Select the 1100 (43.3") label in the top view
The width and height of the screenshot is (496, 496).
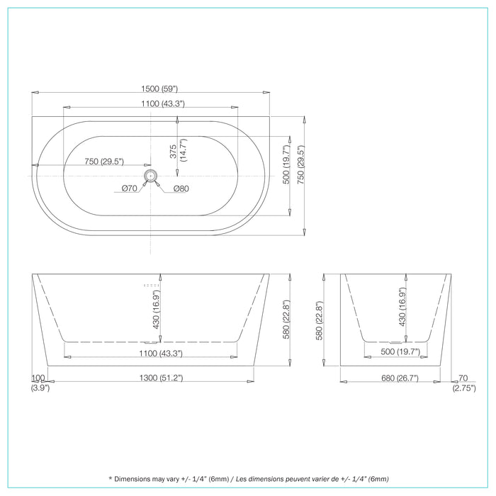point(150,103)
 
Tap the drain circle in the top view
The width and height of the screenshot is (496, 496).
point(150,174)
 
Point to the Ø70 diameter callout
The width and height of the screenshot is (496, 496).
point(129,188)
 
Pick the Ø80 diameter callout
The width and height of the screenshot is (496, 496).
point(181,188)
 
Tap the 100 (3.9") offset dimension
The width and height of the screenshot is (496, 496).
point(39,383)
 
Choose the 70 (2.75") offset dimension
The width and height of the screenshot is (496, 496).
point(463,383)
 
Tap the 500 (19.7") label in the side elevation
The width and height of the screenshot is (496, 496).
point(400,351)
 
